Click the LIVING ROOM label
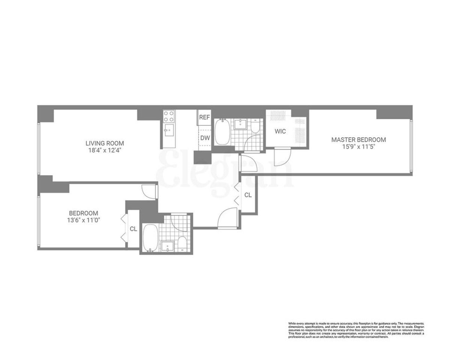click(x=105, y=143)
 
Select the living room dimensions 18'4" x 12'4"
click(x=105, y=150)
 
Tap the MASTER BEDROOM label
click(x=358, y=139)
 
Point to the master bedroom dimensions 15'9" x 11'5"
click(x=358, y=147)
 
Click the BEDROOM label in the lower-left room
click(x=83, y=213)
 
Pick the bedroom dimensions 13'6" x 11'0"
click(x=83, y=220)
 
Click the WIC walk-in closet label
click(x=280, y=132)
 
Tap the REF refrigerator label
click(x=204, y=117)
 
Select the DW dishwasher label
click(x=204, y=138)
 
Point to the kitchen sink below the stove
click(x=169, y=131)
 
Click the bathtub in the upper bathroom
click(x=222, y=132)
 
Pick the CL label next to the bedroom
click(x=133, y=229)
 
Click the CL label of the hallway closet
click(x=248, y=195)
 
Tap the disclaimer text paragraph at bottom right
click(x=356, y=330)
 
